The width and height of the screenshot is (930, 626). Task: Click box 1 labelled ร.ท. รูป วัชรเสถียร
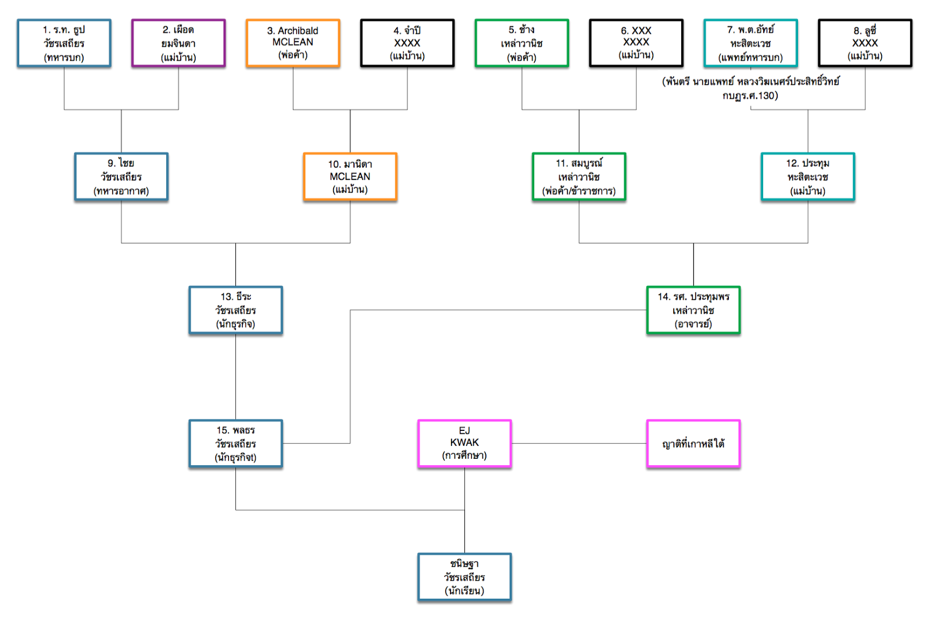(x=64, y=44)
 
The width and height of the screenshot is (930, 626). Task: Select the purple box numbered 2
(x=178, y=44)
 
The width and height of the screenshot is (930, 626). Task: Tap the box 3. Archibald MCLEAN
(x=293, y=44)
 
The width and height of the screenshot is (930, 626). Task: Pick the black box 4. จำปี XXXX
(x=407, y=44)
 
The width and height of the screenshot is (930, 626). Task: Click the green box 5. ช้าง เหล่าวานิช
(x=522, y=44)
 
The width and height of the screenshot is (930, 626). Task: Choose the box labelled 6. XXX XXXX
(x=636, y=44)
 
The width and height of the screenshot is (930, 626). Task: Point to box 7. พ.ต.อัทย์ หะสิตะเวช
(x=750, y=44)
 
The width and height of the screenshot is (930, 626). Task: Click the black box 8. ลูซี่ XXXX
(x=865, y=44)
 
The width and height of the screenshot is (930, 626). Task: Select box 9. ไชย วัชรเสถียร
(x=121, y=177)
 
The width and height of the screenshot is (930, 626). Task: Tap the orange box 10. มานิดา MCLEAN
(x=350, y=177)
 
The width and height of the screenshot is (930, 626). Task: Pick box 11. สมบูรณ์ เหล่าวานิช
(x=579, y=177)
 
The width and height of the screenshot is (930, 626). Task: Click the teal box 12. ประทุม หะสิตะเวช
(x=808, y=177)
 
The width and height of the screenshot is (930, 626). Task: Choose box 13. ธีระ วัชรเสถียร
(x=235, y=311)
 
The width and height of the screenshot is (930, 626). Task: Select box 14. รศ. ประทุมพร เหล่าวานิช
(x=693, y=311)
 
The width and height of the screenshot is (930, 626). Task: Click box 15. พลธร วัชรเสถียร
(x=235, y=444)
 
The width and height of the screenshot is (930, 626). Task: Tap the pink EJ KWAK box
(x=464, y=444)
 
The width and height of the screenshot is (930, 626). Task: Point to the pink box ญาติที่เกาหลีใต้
(x=693, y=444)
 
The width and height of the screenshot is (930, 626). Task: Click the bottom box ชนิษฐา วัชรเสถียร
(x=464, y=577)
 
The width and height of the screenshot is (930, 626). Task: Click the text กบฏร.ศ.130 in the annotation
(x=750, y=96)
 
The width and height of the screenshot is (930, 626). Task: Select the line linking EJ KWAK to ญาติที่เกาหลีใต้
(x=579, y=444)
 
